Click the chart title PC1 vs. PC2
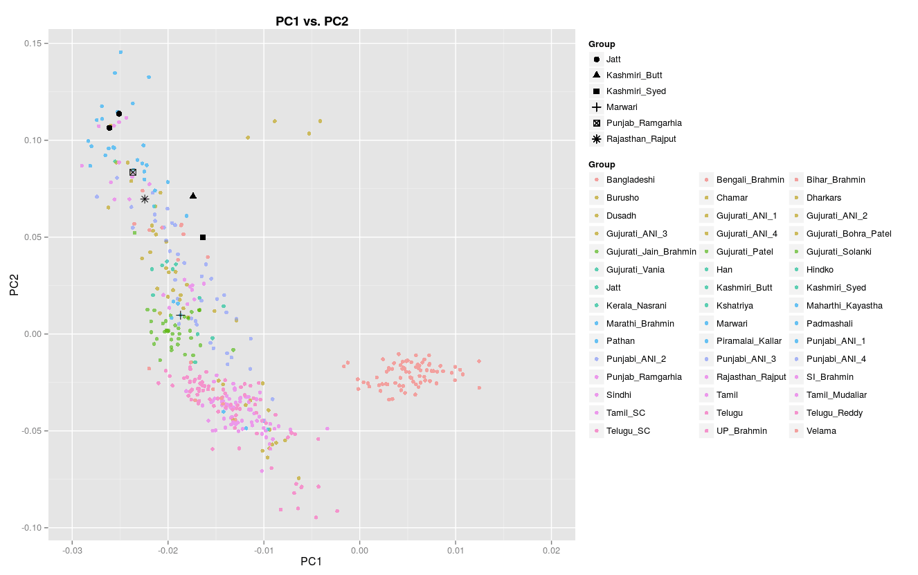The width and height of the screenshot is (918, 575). click(x=312, y=21)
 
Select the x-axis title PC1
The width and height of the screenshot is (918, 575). click(x=311, y=561)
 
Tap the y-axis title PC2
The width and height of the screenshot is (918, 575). click(x=14, y=285)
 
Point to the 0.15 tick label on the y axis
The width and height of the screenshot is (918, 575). click(x=36, y=44)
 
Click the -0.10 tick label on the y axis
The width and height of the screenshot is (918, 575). click(x=35, y=528)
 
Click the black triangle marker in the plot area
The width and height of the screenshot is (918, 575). click(x=193, y=196)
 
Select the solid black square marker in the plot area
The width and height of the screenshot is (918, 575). click(x=203, y=237)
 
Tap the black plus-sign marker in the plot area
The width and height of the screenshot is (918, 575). click(x=180, y=316)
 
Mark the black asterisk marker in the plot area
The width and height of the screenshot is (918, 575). click(x=145, y=199)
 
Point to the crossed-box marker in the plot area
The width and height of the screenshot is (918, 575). click(x=133, y=172)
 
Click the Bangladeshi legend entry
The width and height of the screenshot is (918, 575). click(x=630, y=180)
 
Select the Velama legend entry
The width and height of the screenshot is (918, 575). click(x=820, y=431)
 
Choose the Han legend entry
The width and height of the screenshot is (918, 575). click(x=724, y=270)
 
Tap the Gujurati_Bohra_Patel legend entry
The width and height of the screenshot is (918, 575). click(x=848, y=234)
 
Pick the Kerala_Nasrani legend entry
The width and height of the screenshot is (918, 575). click(x=636, y=305)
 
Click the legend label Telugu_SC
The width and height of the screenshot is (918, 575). click(x=628, y=431)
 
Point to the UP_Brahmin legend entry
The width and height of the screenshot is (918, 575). click(x=741, y=431)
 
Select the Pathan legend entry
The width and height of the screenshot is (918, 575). click(x=620, y=341)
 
